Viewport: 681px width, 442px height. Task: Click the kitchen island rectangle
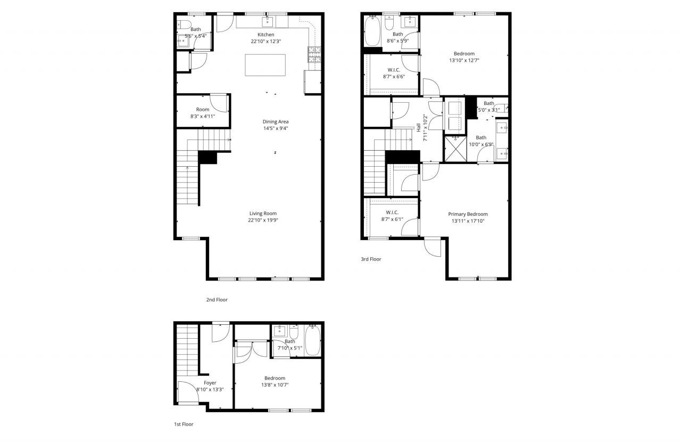point(265,65)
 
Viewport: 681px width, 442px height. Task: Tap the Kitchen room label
point(265,35)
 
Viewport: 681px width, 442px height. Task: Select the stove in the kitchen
point(314,55)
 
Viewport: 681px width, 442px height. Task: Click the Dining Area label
point(275,121)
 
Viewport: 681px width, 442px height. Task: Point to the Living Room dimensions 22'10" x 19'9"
point(263,220)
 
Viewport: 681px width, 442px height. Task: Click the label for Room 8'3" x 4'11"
point(202,109)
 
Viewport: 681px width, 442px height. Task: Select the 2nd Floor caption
point(217,300)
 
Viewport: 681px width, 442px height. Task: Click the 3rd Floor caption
point(371,259)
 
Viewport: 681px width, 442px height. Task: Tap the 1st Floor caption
point(184,424)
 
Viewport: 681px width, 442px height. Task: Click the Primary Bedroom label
point(468,214)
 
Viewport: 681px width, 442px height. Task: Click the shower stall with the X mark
point(455,148)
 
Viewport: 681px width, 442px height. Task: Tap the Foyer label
point(210,382)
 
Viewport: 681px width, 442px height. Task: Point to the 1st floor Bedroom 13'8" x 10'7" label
point(275,378)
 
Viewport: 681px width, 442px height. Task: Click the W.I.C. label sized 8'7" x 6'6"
point(394,70)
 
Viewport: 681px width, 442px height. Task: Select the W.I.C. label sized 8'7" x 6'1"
point(393,212)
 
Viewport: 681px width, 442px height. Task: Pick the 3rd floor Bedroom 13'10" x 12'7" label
point(464,53)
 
